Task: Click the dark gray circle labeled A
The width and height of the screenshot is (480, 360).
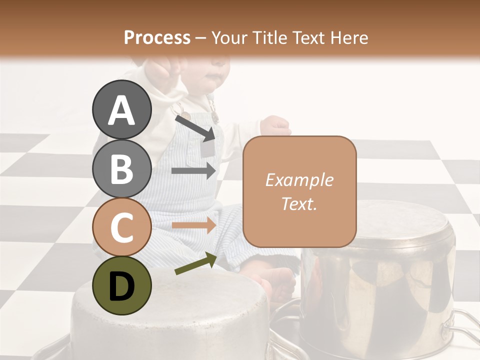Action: click(121, 110)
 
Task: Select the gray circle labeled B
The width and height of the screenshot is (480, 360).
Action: click(121, 169)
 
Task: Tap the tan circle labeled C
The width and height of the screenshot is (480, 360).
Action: click(121, 227)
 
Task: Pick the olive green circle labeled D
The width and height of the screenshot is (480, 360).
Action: click(121, 286)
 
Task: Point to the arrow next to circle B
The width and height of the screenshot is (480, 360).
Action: click(193, 171)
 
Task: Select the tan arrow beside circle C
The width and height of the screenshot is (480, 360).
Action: click(193, 225)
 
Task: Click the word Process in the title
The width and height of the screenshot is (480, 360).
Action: click(157, 37)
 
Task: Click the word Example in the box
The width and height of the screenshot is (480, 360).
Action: click(299, 180)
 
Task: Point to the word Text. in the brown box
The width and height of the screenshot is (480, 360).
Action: click(299, 204)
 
